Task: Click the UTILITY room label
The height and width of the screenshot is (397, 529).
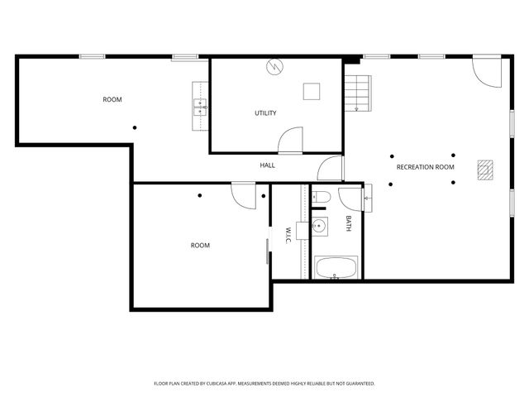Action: coord(265,113)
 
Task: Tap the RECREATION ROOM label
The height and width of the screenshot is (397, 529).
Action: coord(426,167)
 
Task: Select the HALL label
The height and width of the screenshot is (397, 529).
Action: coord(268,165)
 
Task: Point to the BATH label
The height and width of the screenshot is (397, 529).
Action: coord(349,223)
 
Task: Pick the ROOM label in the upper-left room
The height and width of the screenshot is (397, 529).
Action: coord(112,100)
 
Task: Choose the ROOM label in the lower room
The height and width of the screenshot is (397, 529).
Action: coord(200,245)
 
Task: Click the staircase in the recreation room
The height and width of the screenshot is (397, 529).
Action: coord(357,91)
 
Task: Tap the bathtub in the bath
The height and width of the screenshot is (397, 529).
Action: coord(336,268)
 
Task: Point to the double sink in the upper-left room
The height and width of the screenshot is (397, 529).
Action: coord(200,105)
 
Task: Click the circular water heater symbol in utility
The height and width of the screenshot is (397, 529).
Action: coord(274,66)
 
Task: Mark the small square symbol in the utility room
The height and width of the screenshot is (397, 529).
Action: coord(312,91)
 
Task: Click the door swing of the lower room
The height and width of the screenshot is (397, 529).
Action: coord(244,195)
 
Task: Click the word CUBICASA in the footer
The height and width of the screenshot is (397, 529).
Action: coord(224,384)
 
